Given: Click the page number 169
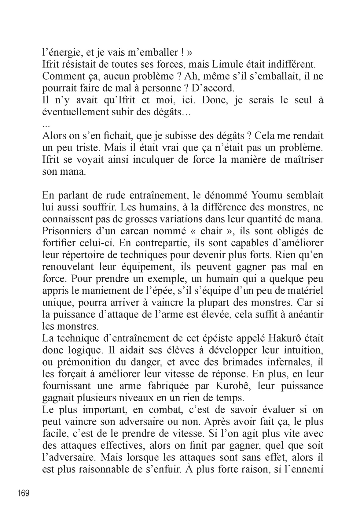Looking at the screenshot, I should click(x=23, y=493).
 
